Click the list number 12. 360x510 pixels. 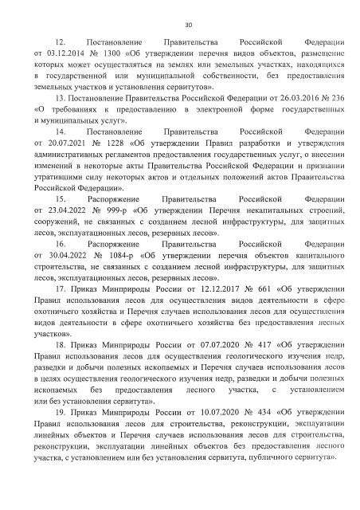tap(59, 39)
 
